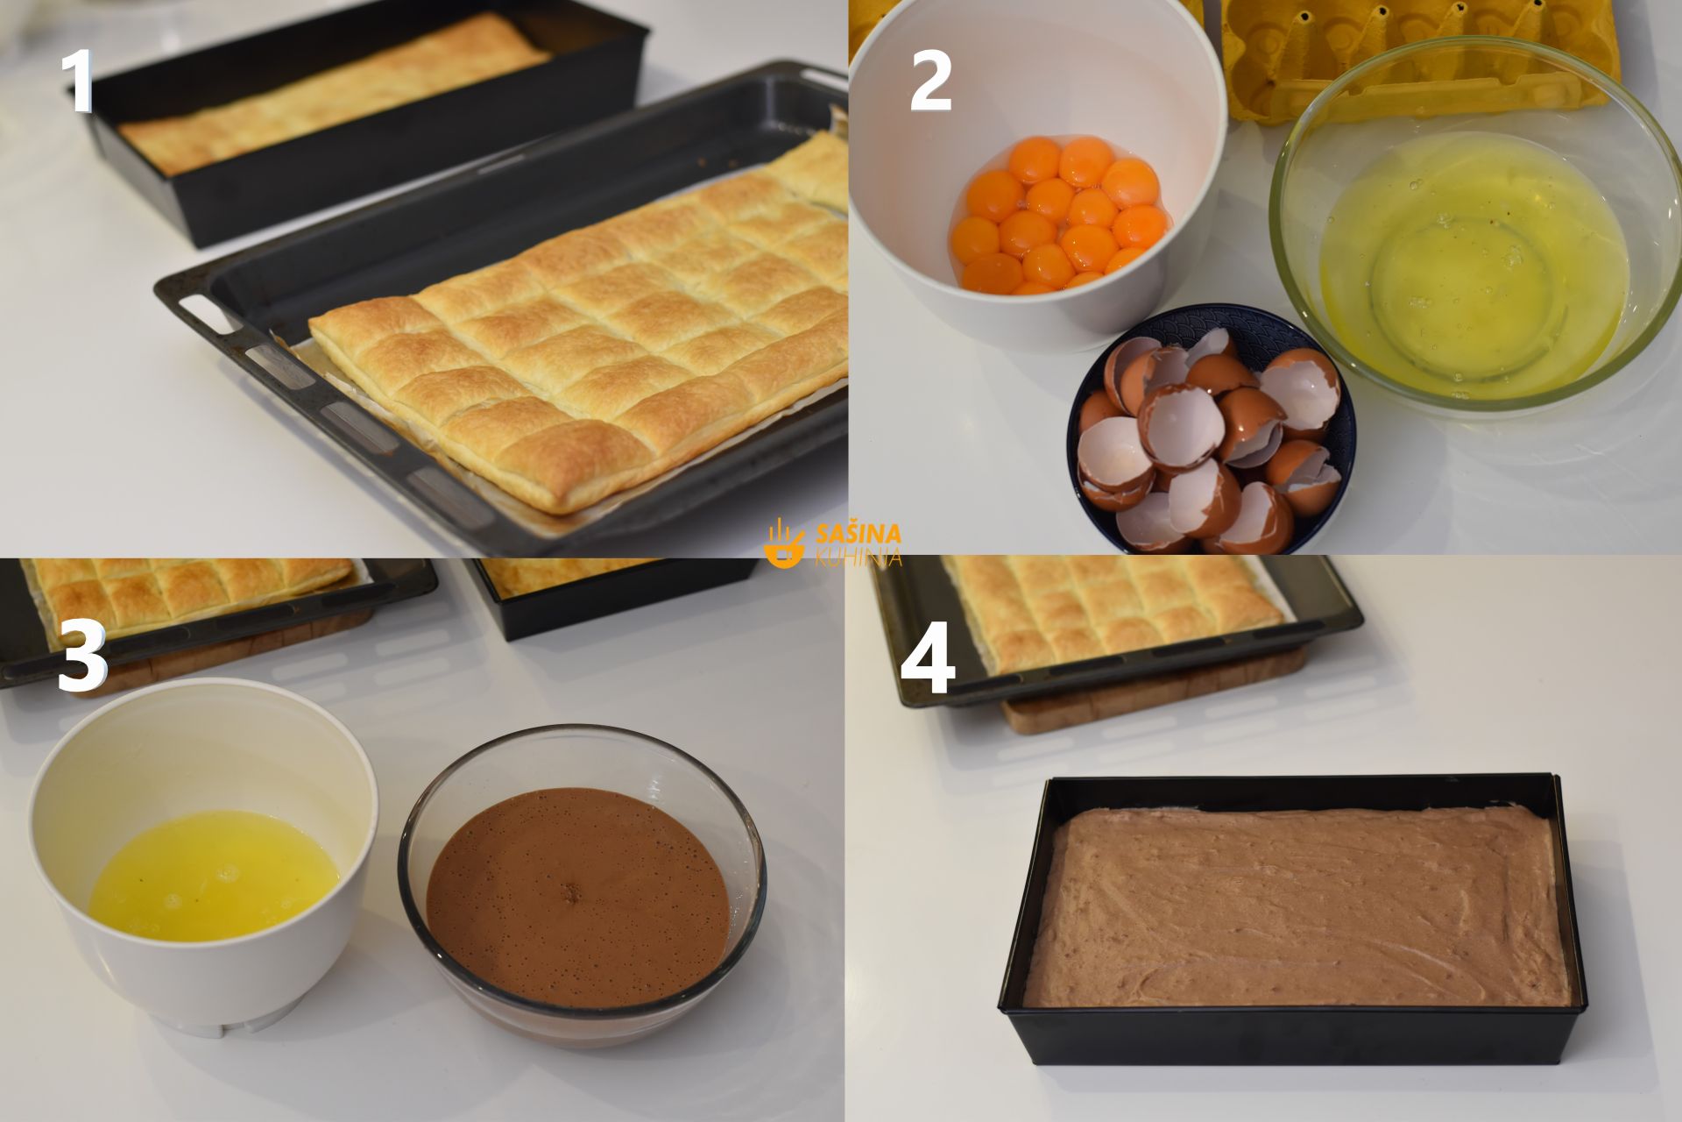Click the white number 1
click(79, 81)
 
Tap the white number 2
click(930, 81)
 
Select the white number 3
click(82, 659)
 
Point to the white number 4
click(929, 666)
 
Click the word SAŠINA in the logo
click(859, 533)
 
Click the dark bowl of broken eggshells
click(1211, 430)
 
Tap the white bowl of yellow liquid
click(203, 854)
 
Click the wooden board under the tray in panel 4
click(1156, 701)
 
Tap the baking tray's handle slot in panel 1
click(200, 311)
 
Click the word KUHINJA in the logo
click(859, 557)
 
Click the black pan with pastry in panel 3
click(613, 596)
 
